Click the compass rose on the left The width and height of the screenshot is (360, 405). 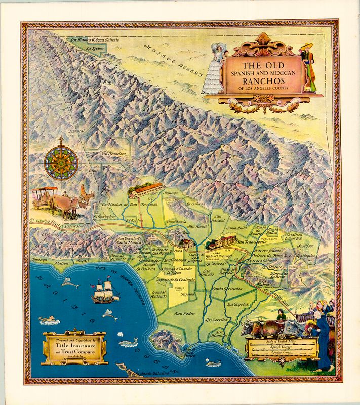[x=61, y=162]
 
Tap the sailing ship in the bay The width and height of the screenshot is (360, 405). [x=104, y=292]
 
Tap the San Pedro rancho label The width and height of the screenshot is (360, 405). [x=184, y=313]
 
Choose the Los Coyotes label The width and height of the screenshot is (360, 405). [x=237, y=305]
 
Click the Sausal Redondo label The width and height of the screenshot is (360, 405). [x=159, y=294]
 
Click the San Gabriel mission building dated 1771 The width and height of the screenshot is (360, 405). [x=221, y=240]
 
